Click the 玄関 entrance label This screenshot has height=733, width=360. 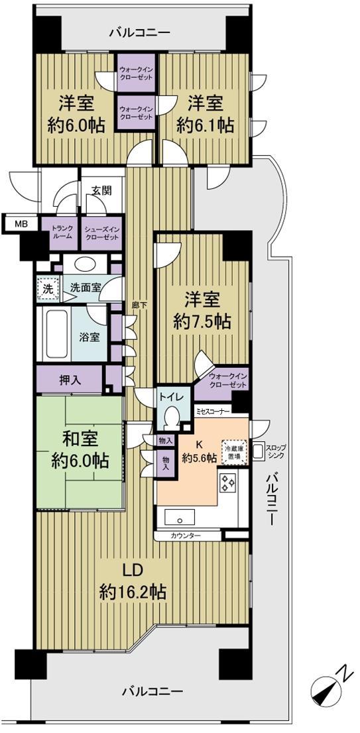tap(101, 190)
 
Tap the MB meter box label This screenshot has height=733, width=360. tap(21, 224)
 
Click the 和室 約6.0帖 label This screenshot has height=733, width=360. tap(78, 450)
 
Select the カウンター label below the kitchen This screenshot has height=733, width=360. tap(185, 535)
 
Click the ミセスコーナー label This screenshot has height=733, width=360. tap(213, 411)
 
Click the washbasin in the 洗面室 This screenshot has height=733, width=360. tap(91, 264)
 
